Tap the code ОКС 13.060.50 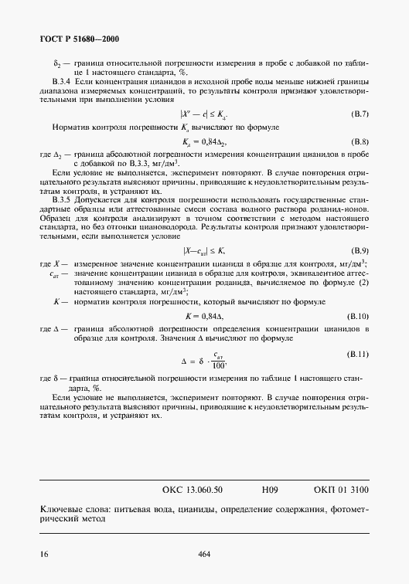click(x=193, y=489)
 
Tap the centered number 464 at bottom click(x=204, y=554)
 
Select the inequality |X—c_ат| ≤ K click(x=204, y=251)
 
